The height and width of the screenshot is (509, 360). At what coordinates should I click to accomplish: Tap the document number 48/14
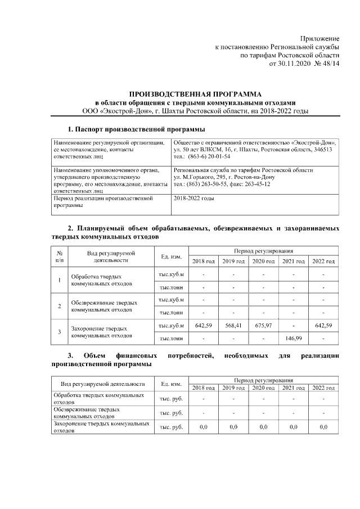(330, 64)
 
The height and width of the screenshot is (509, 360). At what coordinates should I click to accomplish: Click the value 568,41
(233, 326)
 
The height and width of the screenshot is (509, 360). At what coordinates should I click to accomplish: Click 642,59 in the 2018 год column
(202, 326)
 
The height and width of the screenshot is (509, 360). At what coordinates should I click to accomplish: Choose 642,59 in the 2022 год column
(323, 326)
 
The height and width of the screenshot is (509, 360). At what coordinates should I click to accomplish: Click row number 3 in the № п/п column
(60, 332)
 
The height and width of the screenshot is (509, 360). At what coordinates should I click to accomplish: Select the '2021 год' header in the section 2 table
(293, 262)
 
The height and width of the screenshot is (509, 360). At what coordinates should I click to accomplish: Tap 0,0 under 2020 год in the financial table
(263, 428)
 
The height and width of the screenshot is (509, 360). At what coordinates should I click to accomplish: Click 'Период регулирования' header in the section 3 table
(263, 381)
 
